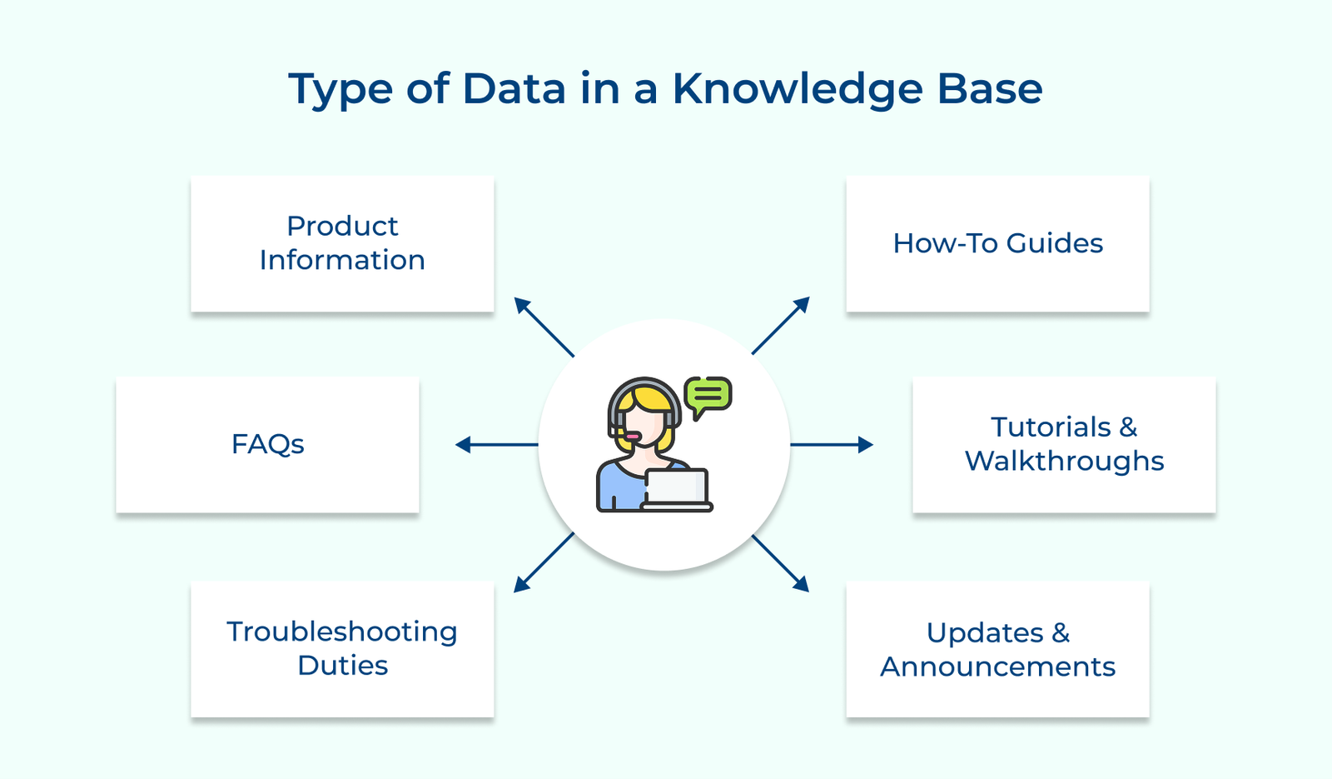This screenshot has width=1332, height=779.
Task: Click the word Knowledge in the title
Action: point(797,89)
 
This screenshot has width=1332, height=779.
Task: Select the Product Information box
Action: point(342,243)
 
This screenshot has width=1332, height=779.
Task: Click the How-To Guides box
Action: point(997,243)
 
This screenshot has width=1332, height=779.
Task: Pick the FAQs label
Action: point(267,444)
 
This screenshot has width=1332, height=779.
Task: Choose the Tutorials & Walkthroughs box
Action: point(1064,444)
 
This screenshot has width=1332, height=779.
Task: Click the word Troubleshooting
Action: point(342,632)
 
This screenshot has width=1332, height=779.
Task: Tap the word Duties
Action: point(342,666)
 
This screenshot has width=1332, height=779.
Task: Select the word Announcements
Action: point(997,667)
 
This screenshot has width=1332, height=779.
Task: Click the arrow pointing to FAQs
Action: point(496,445)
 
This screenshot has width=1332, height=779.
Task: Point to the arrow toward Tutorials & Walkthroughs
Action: point(831,445)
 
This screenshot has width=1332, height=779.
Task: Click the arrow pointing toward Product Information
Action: point(544,327)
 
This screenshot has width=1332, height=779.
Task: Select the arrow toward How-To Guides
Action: point(781,326)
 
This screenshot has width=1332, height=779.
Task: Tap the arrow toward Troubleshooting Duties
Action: point(544,563)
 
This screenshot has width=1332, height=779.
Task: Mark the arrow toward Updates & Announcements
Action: point(781,563)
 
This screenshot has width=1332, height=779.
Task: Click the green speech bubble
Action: point(708,394)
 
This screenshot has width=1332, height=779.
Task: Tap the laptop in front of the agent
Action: point(677,490)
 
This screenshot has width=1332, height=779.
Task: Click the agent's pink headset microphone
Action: point(633,437)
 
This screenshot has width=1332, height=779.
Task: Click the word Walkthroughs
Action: point(1064,461)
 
